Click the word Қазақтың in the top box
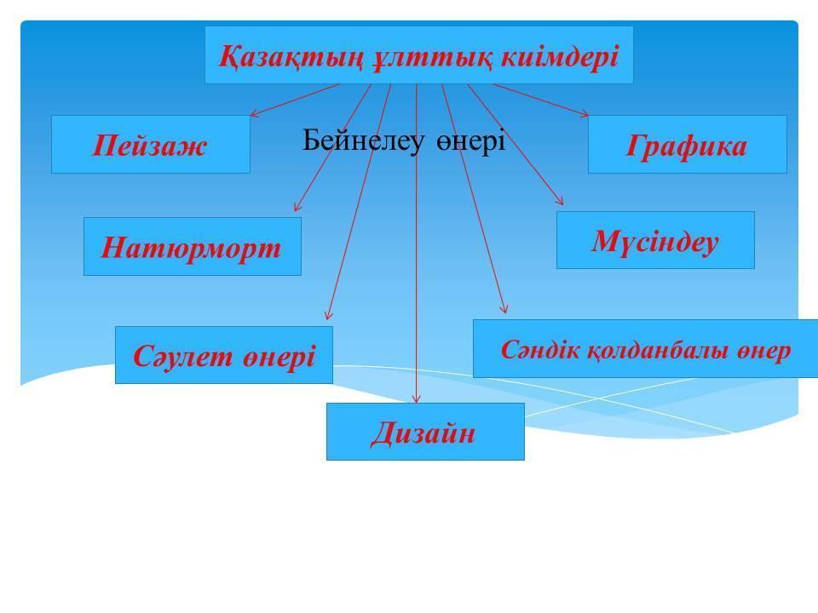pyautogui.click(x=290, y=56)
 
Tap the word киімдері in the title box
pyautogui.click(x=560, y=55)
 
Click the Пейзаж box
pyautogui.click(x=151, y=145)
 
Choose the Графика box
pyautogui.click(x=687, y=145)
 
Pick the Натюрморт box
pyautogui.click(x=193, y=247)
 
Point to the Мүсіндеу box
pyautogui.click(x=655, y=240)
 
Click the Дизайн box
pyautogui.click(x=425, y=432)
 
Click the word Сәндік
pyautogui.click(x=540, y=349)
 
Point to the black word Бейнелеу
pyautogui.click(x=363, y=140)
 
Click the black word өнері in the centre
pyautogui.click(x=470, y=141)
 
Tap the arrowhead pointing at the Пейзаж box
pyautogui.click(x=254, y=113)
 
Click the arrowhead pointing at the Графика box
pyautogui.click(x=585, y=113)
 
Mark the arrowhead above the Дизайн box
pyautogui.click(x=416, y=398)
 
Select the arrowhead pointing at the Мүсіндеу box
pyautogui.click(x=560, y=201)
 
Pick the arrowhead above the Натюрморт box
pyautogui.click(x=297, y=208)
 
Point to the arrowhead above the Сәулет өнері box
pyautogui.click(x=328, y=315)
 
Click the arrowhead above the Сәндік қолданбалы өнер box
pyautogui.click(x=504, y=308)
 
